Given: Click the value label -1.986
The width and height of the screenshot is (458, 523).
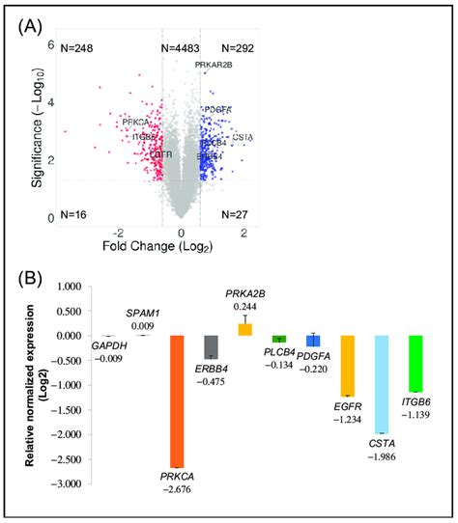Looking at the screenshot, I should click(383, 454).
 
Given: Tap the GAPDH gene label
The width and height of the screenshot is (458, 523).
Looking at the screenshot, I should click(105, 344).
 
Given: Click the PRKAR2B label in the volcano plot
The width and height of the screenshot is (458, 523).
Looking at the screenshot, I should click(213, 65).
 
